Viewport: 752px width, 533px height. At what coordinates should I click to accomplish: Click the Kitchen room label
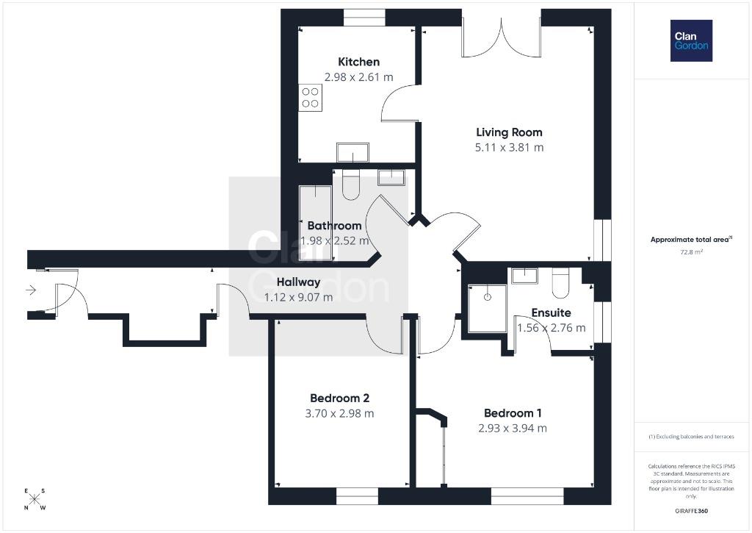coord(358,62)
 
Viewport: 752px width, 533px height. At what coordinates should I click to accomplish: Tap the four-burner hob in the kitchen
coord(311,98)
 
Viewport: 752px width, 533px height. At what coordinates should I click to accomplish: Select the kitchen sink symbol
coord(352,152)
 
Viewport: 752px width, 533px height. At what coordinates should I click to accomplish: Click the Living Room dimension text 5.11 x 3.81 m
coord(510,148)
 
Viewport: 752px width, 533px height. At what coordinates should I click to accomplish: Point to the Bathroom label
coord(334,226)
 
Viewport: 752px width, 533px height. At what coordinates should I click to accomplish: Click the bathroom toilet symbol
coord(351,185)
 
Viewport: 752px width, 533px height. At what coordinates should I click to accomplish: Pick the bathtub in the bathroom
coord(315,223)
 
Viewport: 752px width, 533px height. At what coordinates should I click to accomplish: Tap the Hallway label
coord(298,282)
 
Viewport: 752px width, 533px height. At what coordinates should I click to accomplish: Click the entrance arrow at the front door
coord(31,290)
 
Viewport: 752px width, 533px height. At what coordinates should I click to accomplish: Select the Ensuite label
coord(551,313)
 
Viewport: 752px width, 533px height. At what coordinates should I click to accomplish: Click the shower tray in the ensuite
coord(488,308)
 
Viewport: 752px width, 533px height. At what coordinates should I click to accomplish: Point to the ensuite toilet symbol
coord(560,283)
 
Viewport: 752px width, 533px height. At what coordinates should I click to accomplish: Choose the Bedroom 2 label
coord(339,398)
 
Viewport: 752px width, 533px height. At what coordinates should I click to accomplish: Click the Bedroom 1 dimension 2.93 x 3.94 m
coord(513,429)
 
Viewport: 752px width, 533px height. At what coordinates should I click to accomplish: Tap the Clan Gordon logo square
coord(691,41)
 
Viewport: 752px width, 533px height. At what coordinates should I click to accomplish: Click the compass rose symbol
coord(35,499)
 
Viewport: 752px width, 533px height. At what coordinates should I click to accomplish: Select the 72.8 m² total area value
coord(691,251)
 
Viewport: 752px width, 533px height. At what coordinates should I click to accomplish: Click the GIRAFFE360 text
coord(691,511)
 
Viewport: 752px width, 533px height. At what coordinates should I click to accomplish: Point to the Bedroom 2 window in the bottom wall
coord(358,496)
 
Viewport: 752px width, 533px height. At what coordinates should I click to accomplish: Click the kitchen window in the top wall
coord(364,18)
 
